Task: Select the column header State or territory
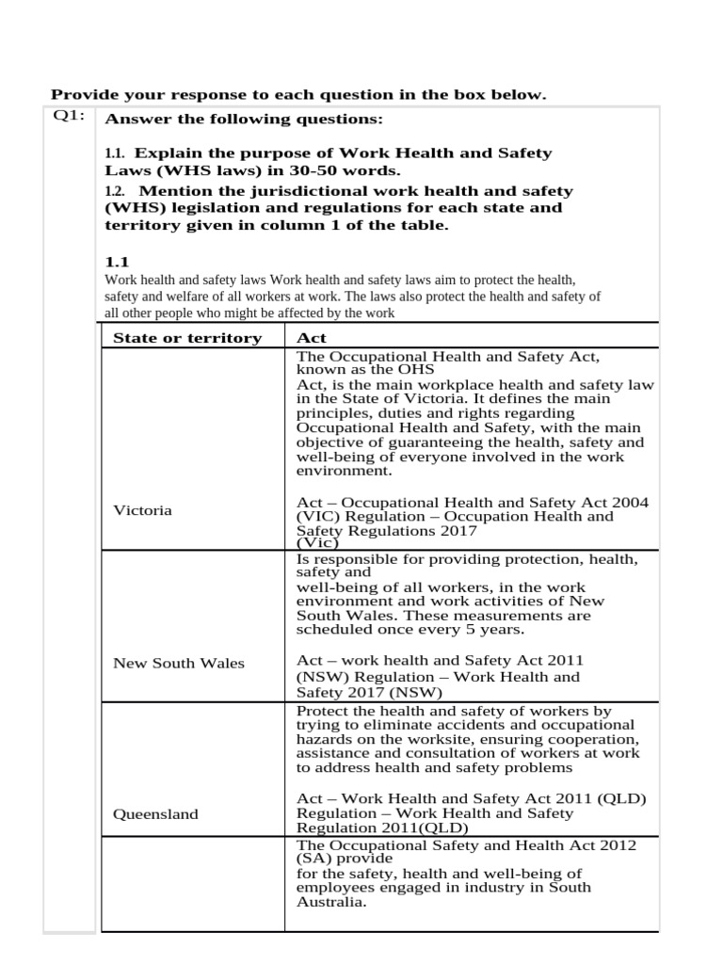[187, 338]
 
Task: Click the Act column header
[311, 338]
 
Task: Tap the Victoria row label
[142, 510]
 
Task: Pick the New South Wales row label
[178, 663]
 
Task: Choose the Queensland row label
[155, 814]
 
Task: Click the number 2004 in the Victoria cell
[630, 503]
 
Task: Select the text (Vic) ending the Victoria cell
[316, 543]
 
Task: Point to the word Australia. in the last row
[330, 901]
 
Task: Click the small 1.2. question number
[114, 191]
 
